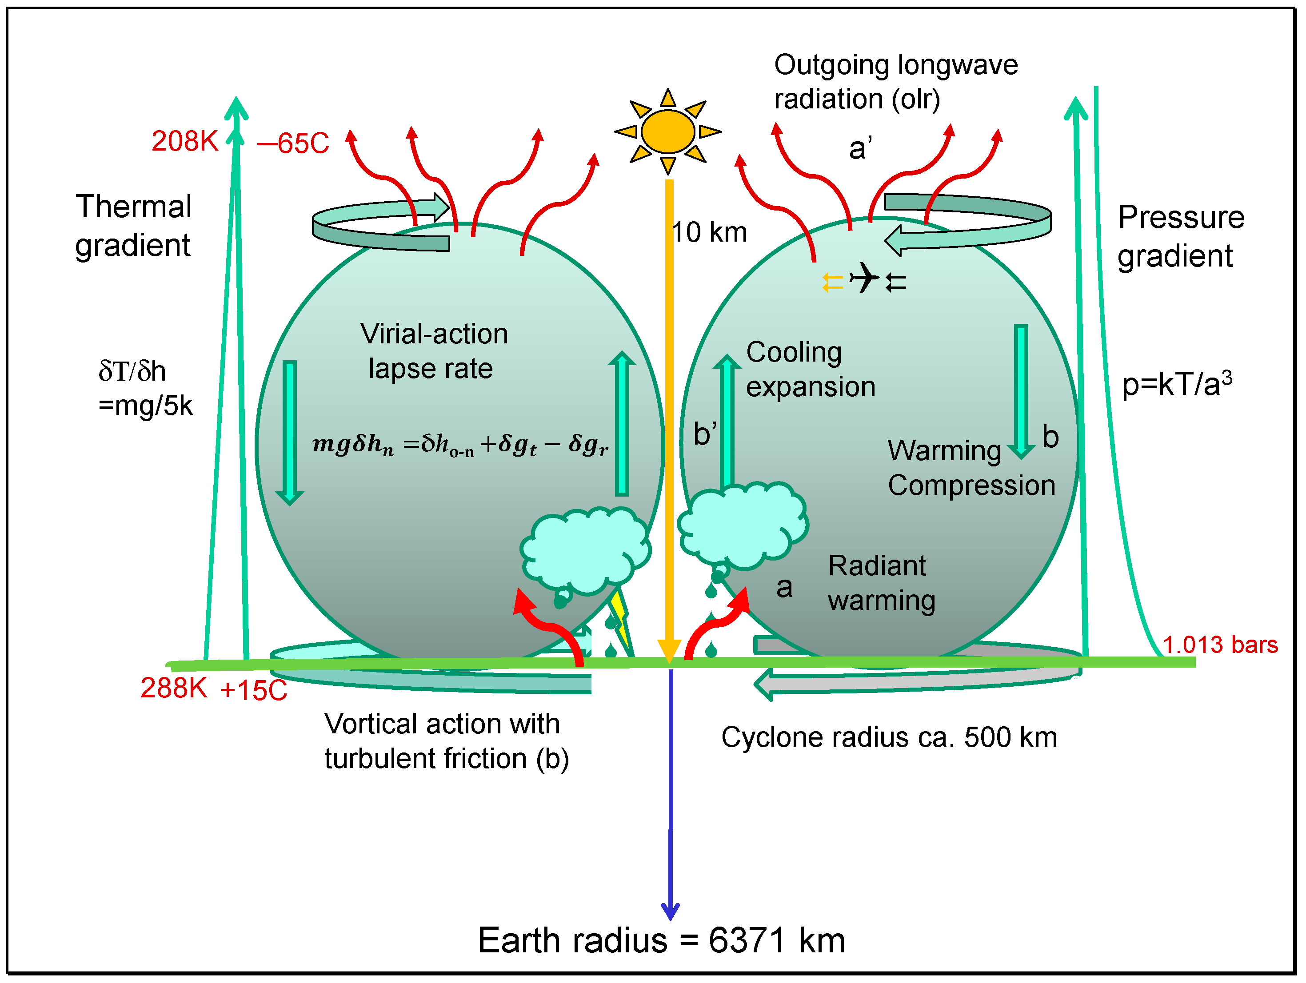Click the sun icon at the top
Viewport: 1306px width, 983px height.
(668, 131)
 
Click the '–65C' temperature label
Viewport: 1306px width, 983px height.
(293, 143)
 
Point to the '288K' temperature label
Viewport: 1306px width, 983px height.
(174, 688)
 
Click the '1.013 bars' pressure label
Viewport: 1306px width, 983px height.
(1220, 645)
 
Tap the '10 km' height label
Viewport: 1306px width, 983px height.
(709, 232)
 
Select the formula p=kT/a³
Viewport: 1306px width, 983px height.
(1177, 383)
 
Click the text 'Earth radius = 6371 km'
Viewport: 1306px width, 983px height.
(661, 940)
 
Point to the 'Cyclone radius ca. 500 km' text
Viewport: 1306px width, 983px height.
(889, 737)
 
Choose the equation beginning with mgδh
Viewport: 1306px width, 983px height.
(460, 444)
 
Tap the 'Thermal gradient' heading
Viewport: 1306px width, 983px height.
(133, 225)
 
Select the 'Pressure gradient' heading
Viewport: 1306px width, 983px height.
(1181, 236)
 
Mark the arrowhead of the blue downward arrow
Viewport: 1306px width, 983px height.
(670, 911)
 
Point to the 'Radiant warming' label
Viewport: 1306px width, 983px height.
(881, 583)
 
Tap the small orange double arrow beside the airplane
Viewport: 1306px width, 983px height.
(832, 282)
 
